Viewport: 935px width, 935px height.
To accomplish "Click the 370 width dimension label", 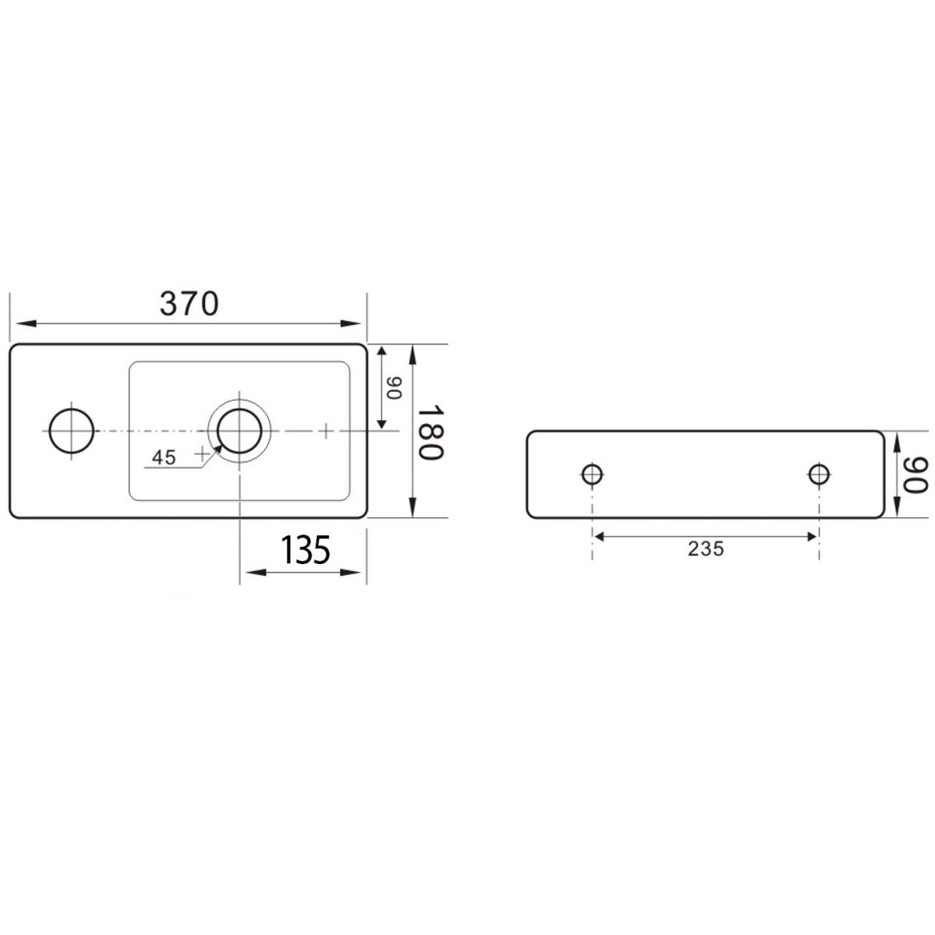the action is point(189,304).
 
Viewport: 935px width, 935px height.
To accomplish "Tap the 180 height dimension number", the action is point(430,432).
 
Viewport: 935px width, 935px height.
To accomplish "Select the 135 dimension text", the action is point(305,550).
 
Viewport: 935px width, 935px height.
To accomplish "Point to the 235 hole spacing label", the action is point(705,549).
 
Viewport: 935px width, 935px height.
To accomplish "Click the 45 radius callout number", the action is point(164,457).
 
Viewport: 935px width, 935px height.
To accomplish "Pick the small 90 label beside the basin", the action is point(395,388).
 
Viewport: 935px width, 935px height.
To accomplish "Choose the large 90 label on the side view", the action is point(916,476).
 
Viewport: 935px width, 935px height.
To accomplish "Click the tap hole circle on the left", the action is point(72,431).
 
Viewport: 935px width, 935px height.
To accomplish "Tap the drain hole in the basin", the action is point(239,431).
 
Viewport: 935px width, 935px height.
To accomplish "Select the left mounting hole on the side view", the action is point(592,474).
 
